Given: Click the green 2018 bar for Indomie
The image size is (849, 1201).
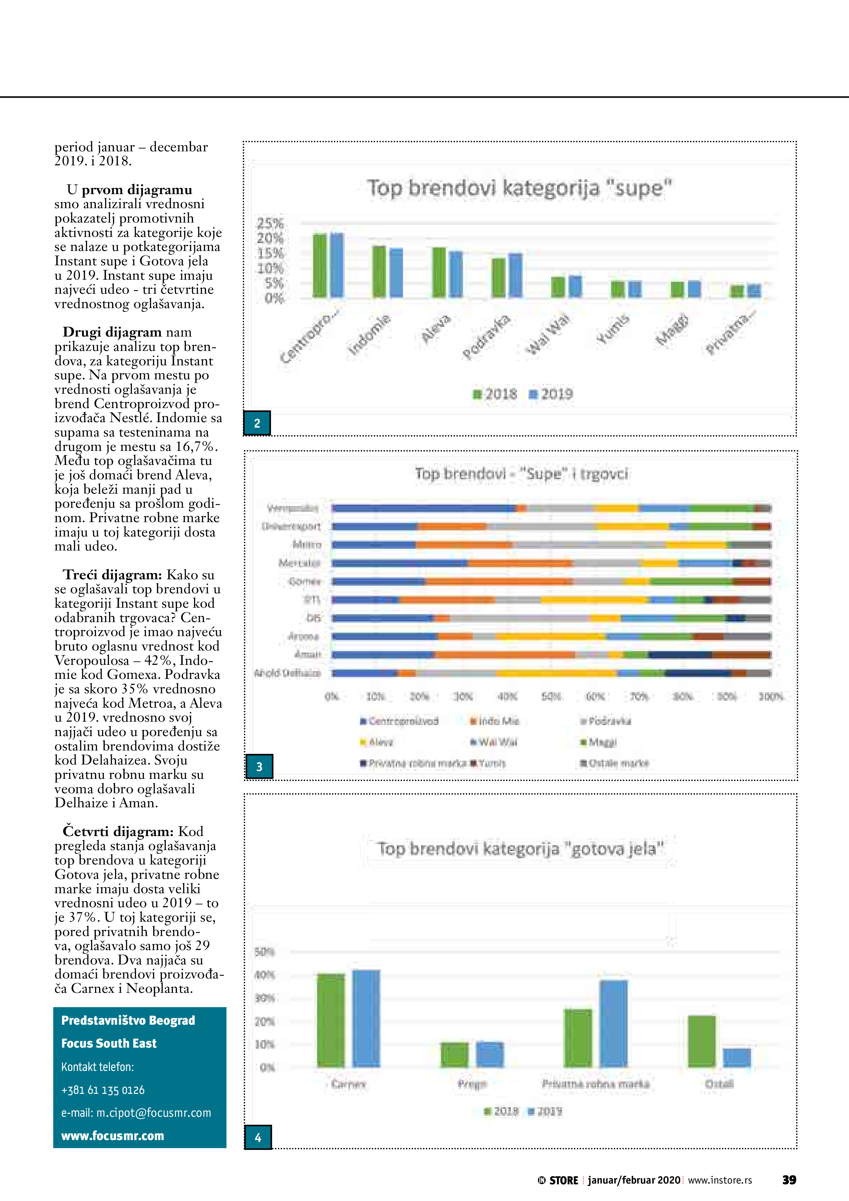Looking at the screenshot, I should [379, 271].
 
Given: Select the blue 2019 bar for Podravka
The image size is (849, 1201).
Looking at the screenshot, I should [515, 275].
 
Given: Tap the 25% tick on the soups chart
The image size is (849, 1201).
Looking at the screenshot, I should [270, 223].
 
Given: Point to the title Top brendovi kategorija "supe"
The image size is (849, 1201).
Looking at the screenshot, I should [519, 188].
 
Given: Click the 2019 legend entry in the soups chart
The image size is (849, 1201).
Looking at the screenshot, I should [552, 394].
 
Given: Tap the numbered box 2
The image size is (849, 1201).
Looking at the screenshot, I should [257, 423].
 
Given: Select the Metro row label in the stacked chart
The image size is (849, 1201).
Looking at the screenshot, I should [307, 545].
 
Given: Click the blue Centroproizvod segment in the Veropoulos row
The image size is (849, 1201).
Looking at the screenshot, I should [424, 508].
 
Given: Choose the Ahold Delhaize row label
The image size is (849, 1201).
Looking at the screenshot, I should [287, 673].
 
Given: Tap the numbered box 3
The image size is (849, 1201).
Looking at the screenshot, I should [259, 766].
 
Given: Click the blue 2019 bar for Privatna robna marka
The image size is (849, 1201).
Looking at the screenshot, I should [613, 1024].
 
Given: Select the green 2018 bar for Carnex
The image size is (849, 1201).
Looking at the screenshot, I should [331, 1021].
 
